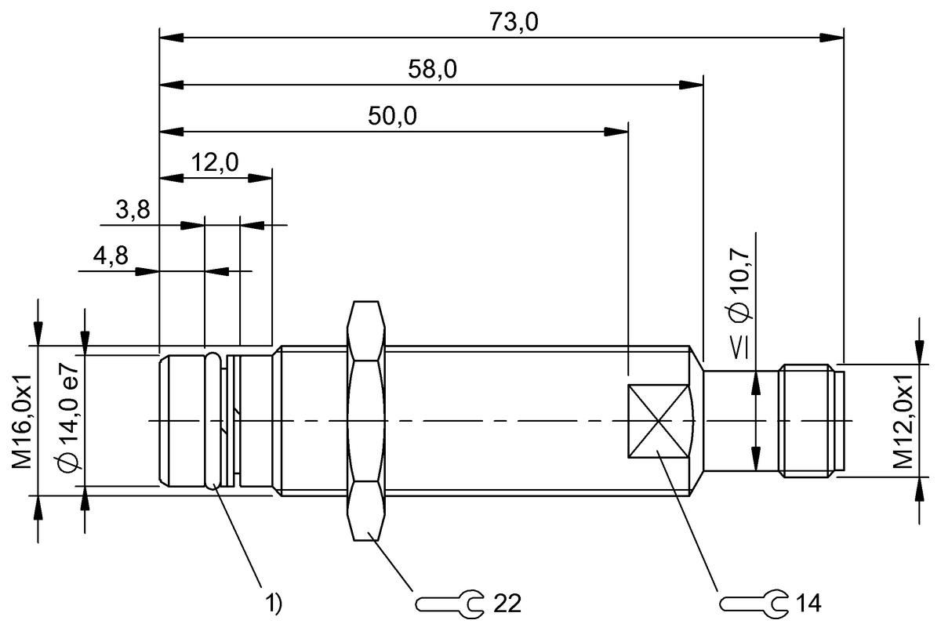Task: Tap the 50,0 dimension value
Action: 392,117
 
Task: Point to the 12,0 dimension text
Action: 215,163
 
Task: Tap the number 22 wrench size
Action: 507,603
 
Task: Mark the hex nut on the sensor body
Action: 367,421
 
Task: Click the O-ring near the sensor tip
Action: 213,421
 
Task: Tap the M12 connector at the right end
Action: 812,421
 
